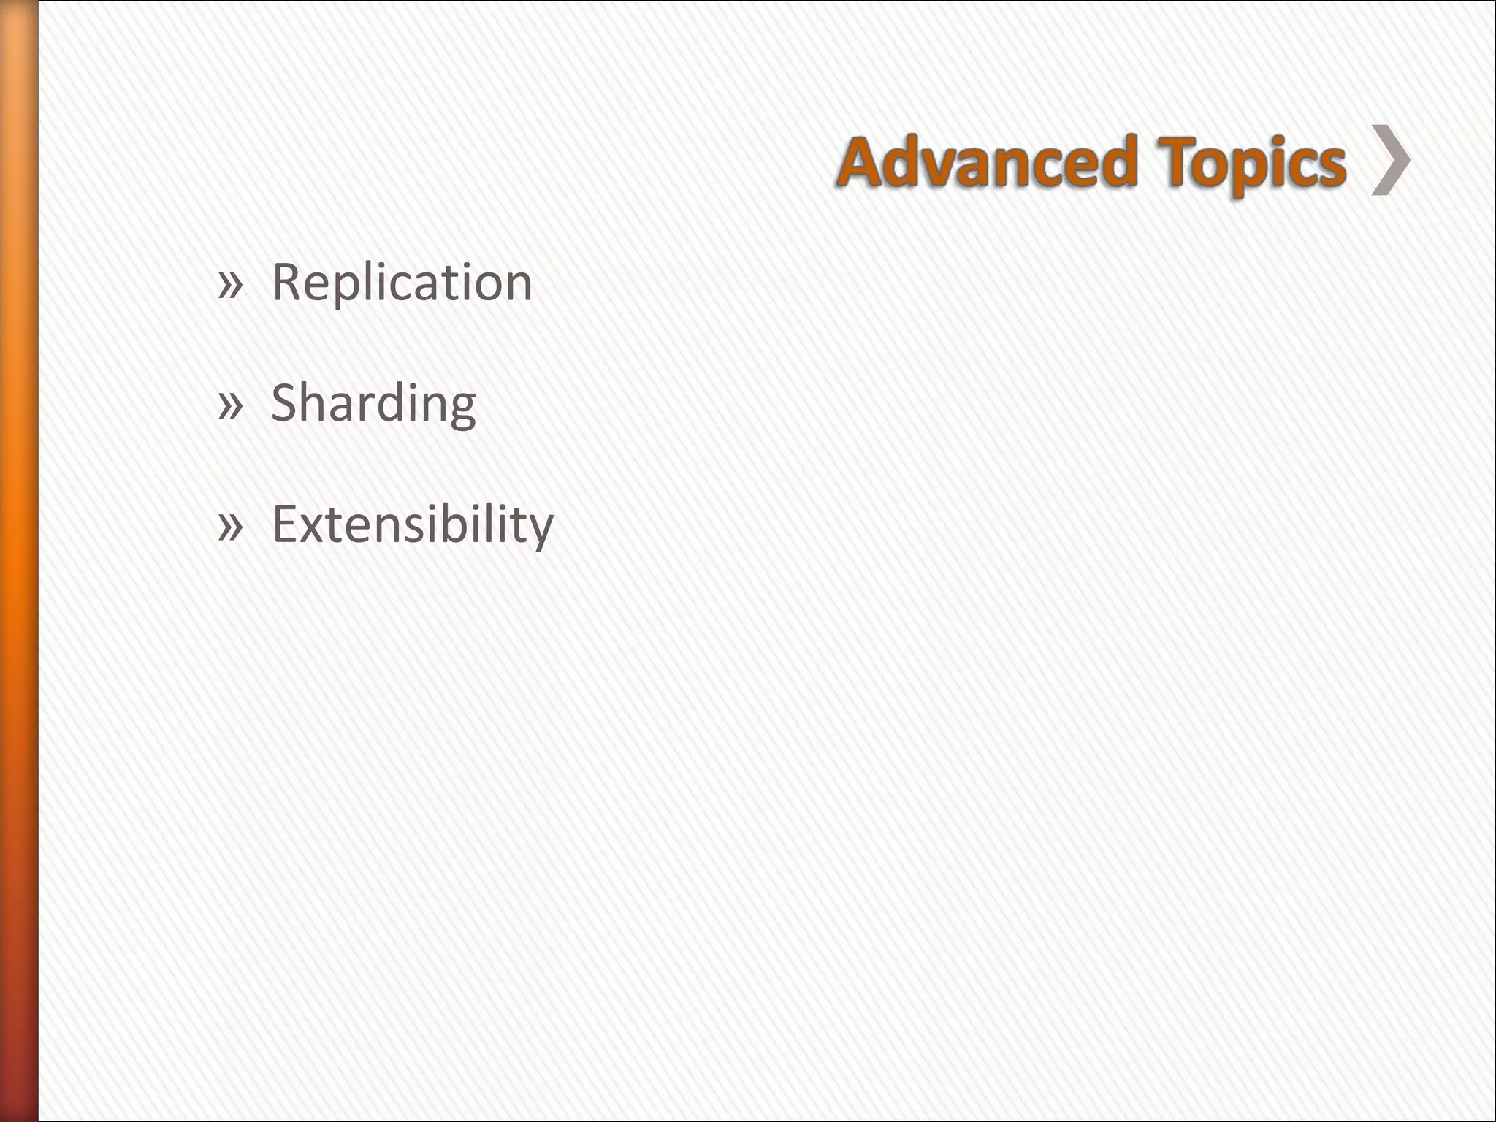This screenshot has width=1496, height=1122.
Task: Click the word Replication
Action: pyautogui.click(x=402, y=283)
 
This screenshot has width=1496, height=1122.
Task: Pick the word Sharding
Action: pyautogui.click(x=373, y=404)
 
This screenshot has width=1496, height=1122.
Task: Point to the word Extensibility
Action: pyautogui.click(x=413, y=525)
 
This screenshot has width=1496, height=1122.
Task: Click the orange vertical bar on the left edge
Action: pyautogui.click(x=18, y=561)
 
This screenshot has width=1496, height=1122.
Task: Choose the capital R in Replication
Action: pyautogui.click(x=287, y=282)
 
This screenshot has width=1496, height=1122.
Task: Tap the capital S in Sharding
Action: pyautogui.click(x=286, y=403)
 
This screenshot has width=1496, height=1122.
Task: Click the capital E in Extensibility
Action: pyautogui.click(x=286, y=524)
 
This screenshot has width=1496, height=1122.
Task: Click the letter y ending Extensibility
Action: pyautogui.click(x=540, y=532)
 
